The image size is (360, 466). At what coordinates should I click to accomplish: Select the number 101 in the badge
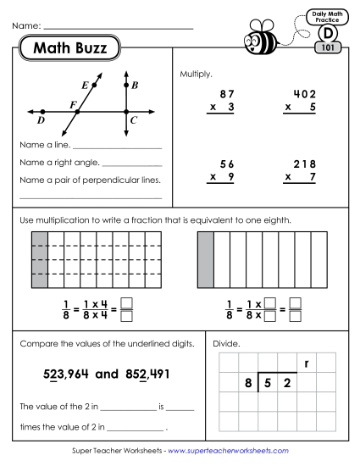[327, 47]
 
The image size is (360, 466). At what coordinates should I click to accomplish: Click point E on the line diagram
[93, 86]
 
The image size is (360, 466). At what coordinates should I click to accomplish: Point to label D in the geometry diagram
[41, 120]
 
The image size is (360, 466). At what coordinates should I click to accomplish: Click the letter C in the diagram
[134, 119]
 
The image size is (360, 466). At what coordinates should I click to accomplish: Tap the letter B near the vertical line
[135, 86]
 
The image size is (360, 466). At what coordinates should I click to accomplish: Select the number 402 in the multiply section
[302, 94]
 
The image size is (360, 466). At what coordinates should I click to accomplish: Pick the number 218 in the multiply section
[302, 164]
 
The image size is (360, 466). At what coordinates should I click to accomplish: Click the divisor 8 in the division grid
[248, 382]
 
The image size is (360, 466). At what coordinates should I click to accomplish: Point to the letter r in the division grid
[305, 364]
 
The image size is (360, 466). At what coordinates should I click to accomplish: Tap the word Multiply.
[196, 75]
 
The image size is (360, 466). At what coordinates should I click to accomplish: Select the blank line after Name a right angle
[131, 165]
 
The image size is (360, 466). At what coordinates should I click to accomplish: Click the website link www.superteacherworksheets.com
[228, 452]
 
